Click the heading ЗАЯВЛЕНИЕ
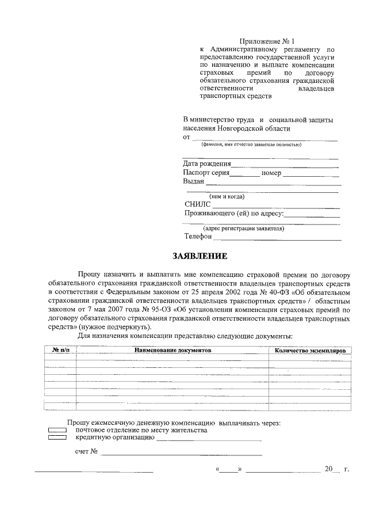click(x=201, y=256)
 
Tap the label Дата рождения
click(x=207, y=163)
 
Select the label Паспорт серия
click(x=206, y=173)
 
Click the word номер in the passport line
click(x=270, y=173)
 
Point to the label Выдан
click(x=194, y=181)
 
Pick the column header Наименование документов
click(x=173, y=350)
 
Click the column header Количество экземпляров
click(x=309, y=350)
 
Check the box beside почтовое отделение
click(x=57, y=431)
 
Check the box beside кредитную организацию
click(x=57, y=438)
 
